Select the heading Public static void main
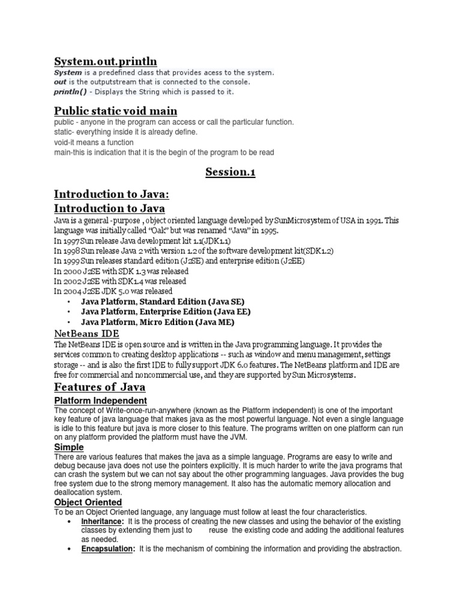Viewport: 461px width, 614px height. [115, 111]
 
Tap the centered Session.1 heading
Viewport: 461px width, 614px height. [230, 173]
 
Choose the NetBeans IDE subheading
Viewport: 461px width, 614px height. [86, 333]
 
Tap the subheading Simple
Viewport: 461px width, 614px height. [69, 447]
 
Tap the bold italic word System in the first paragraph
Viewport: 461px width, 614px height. [68, 73]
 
